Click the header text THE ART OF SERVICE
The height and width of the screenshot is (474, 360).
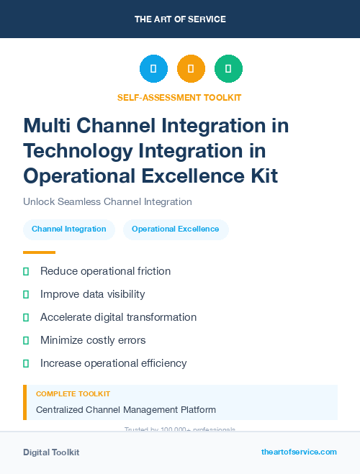(180, 19)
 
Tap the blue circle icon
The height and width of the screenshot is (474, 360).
(153, 69)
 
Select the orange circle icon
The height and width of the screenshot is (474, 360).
(191, 69)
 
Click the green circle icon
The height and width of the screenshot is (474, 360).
(228, 69)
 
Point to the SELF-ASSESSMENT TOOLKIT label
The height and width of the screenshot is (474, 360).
(179, 98)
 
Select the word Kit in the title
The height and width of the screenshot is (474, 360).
(260, 175)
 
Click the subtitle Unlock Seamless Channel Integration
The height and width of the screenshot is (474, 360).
(107, 202)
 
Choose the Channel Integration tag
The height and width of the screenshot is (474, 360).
(69, 229)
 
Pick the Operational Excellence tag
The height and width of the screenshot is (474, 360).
(175, 229)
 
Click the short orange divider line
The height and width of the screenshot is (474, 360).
(39, 252)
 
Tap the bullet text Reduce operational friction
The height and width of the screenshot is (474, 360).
(105, 271)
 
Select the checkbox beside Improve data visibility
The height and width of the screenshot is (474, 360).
(27, 294)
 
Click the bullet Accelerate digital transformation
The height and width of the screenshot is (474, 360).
(118, 317)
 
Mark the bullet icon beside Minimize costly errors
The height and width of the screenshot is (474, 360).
(27, 340)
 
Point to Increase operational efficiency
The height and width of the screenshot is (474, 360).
(113, 363)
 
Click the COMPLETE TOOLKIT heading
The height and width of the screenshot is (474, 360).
(73, 394)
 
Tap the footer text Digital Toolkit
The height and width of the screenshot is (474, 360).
(51, 452)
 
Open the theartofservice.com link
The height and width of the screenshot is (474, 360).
(299, 452)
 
